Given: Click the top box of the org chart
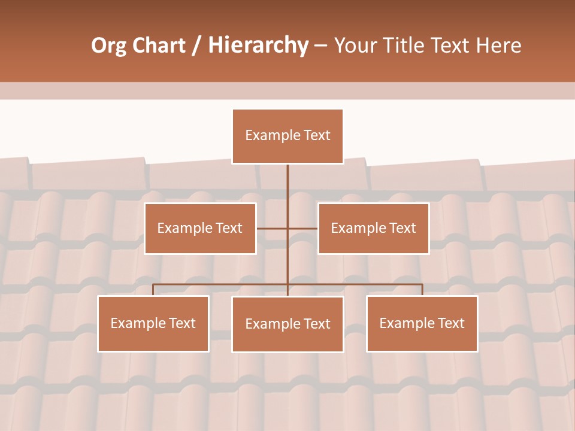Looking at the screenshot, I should point(287,136).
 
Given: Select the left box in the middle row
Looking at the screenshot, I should point(200,228).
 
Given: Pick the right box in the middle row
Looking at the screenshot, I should point(373,228).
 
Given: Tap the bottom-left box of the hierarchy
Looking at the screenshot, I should point(153,323).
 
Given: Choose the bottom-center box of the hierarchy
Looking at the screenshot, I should point(287,324).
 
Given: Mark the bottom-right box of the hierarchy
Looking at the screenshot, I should point(422,323).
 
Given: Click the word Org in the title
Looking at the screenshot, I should point(108,45).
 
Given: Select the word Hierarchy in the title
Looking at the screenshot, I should point(258,45).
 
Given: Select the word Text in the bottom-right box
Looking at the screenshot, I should point(450,323).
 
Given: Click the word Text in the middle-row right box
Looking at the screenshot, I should point(402,228).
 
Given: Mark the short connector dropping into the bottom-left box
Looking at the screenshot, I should point(153,290).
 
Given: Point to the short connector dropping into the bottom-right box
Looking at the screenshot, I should point(422,290).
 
